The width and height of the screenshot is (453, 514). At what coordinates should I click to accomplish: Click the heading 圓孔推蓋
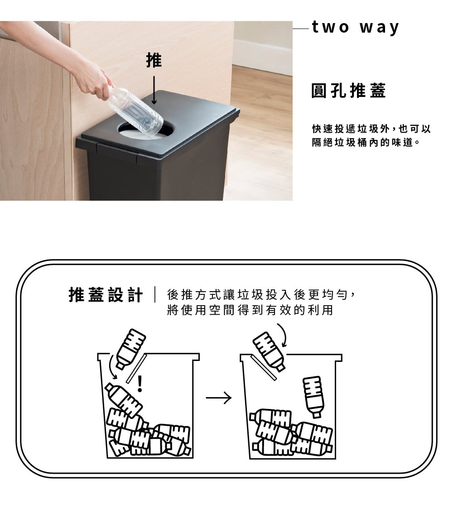(x=348, y=91)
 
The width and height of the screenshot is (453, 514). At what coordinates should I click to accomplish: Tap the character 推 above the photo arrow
(x=154, y=60)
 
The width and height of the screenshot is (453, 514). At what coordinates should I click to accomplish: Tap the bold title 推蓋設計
(x=106, y=295)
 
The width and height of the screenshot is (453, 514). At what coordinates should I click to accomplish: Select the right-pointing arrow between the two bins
(x=218, y=399)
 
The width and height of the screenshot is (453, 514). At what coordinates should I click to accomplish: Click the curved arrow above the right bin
(x=283, y=335)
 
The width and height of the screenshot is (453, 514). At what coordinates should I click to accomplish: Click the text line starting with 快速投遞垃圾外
(x=371, y=129)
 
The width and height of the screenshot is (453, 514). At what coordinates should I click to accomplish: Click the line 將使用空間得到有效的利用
(x=250, y=311)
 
